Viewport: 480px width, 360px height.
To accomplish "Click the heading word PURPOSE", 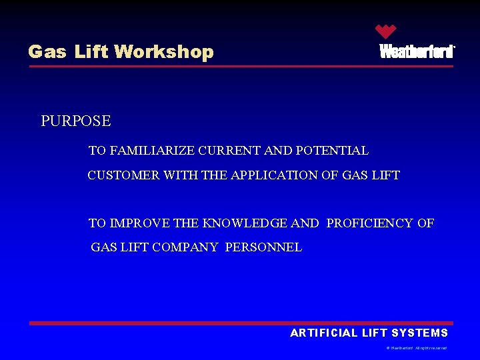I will click(x=76, y=121).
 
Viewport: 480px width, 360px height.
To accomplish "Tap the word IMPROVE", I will click(x=139, y=223).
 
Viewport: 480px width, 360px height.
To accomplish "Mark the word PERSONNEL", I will click(x=263, y=247).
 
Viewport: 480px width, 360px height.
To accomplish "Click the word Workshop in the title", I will click(x=164, y=52).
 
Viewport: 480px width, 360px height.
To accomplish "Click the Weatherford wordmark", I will click(x=417, y=52).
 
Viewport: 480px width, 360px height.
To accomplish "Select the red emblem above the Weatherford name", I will click(x=385, y=31).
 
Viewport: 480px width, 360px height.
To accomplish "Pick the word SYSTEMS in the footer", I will click(x=420, y=333).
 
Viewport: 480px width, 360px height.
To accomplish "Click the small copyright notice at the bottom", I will click(x=416, y=348).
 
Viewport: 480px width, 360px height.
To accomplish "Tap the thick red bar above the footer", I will click(x=240, y=323).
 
